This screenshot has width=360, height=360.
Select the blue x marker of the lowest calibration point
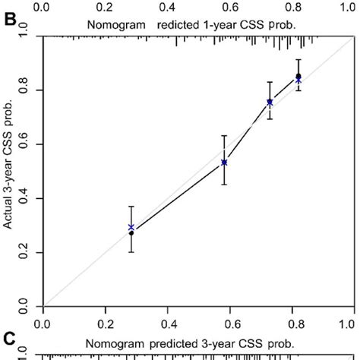coord(131,227)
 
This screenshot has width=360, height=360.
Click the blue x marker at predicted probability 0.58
coord(224,162)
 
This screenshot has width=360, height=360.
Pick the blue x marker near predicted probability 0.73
coord(270,102)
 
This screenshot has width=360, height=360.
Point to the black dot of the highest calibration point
coord(298,76)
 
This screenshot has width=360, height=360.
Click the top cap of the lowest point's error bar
coord(131,207)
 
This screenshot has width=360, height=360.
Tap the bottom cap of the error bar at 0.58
coord(224,185)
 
